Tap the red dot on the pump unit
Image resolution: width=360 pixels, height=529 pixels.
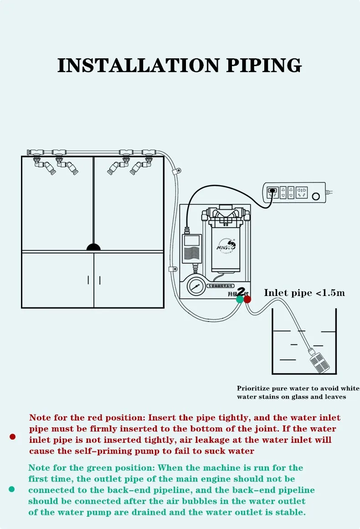click(x=247, y=299)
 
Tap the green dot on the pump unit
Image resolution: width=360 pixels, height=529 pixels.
click(x=240, y=299)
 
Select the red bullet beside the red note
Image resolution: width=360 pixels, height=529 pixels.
click(x=13, y=436)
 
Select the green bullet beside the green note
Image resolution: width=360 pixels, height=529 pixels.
click(x=12, y=489)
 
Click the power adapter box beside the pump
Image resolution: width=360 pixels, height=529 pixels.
click(x=192, y=249)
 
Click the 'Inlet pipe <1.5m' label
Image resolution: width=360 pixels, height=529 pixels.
click(x=304, y=293)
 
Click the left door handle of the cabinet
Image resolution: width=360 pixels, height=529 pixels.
click(x=88, y=280)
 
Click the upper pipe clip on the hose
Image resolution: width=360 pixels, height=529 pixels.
click(x=175, y=172)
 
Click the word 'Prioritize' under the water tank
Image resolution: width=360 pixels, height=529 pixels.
click(x=253, y=389)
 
